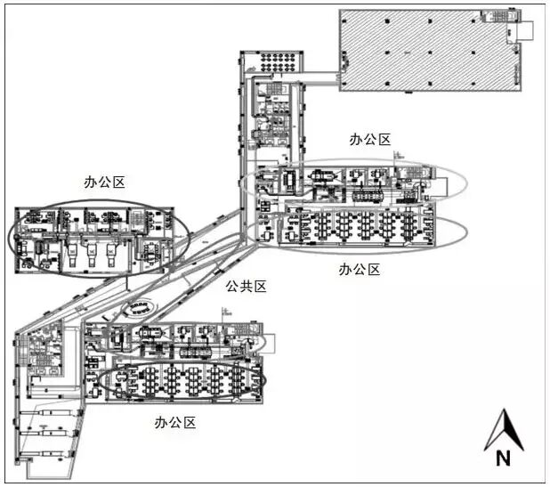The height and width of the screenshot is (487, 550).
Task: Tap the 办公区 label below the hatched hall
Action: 370,140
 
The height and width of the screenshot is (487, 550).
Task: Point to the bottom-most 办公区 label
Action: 174,422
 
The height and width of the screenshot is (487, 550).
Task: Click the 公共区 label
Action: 247,287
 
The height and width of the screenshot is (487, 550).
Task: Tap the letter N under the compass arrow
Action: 503,459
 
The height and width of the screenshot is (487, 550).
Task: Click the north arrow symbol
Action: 503,431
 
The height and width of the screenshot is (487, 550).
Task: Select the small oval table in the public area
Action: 137,309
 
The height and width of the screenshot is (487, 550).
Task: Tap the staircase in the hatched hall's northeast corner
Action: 494,17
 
